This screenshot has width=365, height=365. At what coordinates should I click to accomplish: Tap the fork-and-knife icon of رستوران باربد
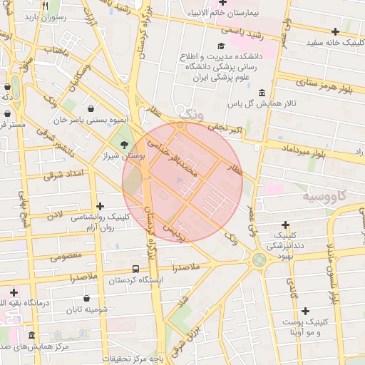coord(45,6)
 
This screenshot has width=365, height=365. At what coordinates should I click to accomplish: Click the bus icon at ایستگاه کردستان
coord(135,269)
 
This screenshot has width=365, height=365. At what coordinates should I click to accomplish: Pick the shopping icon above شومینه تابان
coord(87,299)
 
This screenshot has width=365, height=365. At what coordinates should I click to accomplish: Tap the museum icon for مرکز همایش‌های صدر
coord(31,335)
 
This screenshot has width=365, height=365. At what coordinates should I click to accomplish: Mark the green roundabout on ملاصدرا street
coord(258,259)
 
